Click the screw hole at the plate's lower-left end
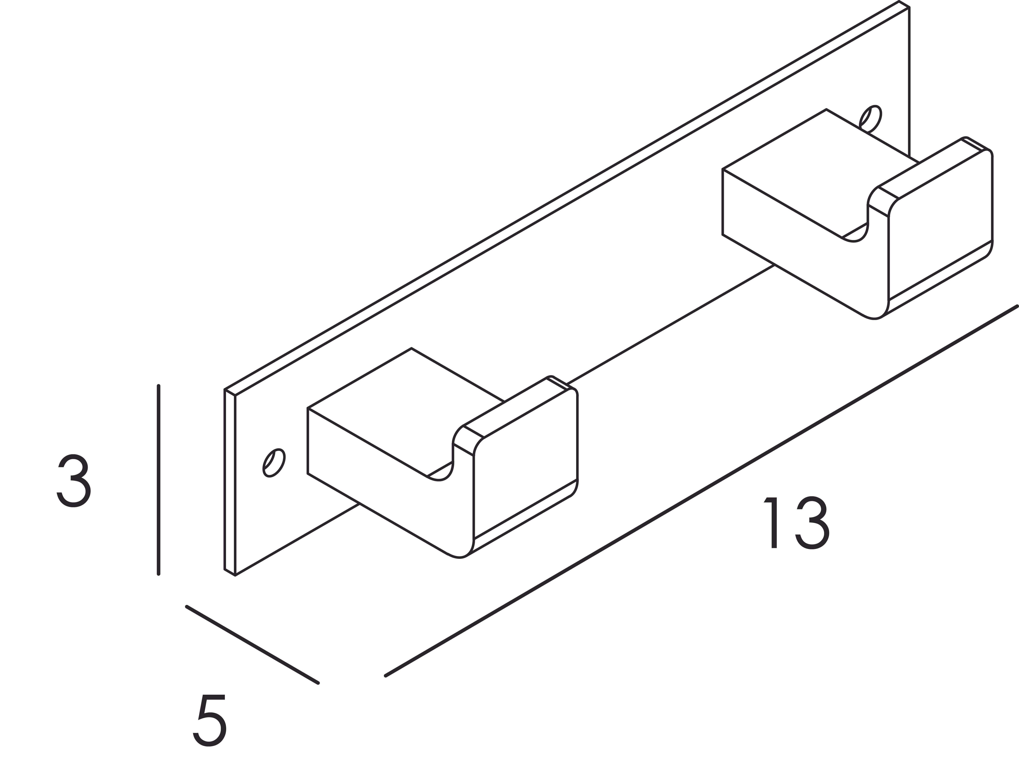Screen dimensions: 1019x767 pos(274,462)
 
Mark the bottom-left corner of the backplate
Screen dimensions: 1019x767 pos(235,576)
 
